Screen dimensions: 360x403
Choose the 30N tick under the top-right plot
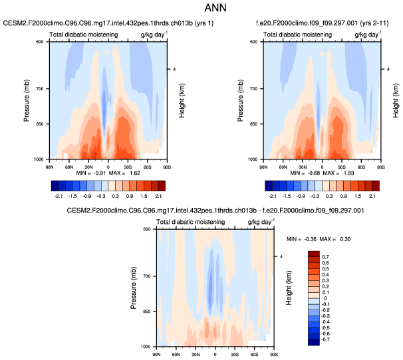click(301, 165)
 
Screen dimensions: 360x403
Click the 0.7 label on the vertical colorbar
click(325, 256)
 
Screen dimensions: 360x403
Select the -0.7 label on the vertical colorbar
click(325, 339)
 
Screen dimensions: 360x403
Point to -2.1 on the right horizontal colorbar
click(272, 197)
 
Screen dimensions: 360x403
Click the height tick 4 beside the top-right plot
click(388, 69)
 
